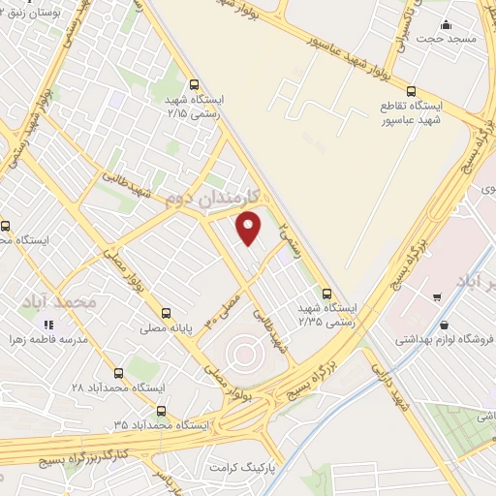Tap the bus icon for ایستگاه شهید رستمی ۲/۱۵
(196, 85)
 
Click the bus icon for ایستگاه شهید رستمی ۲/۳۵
(326, 292)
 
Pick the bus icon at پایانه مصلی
(166, 313)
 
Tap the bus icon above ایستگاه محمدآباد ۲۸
(119, 373)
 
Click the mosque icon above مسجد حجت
(446, 25)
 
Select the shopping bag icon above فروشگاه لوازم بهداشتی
(444, 325)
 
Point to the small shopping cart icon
(437, 297)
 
